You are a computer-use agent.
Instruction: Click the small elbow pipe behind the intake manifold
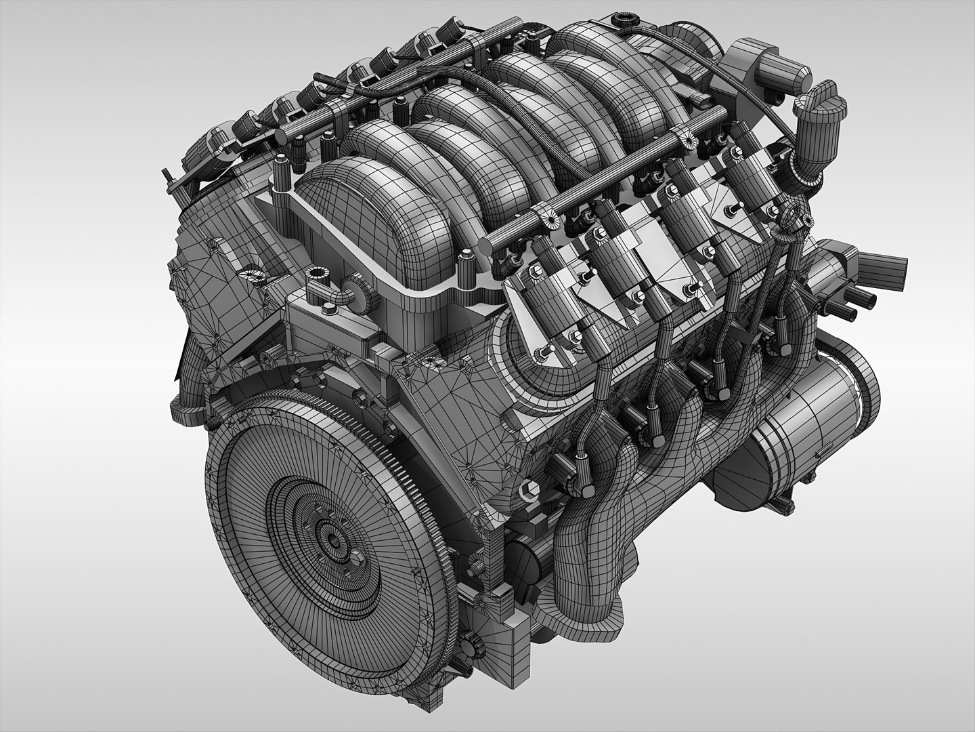345,296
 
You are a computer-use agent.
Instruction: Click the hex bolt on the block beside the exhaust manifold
527,488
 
